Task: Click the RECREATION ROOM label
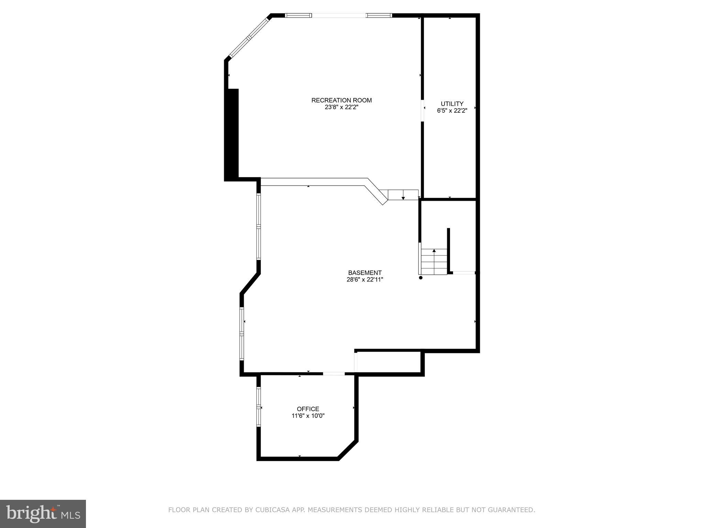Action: [x=341, y=100]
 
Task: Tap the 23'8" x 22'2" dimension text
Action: [x=341, y=107]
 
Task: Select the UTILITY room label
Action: [x=452, y=103]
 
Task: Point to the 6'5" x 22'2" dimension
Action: [x=452, y=111]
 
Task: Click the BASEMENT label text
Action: [x=365, y=273]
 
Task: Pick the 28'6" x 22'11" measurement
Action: [x=365, y=280]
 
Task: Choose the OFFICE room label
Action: [x=308, y=409]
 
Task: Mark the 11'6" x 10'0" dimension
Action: [x=308, y=416]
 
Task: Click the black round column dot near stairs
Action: [x=421, y=278]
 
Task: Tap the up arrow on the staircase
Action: [x=434, y=251]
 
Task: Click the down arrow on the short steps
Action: [x=403, y=198]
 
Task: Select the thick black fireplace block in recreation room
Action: [x=232, y=134]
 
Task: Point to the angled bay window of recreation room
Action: [x=249, y=37]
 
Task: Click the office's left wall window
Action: [x=259, y=407]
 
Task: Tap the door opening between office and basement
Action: [x=333, y=374]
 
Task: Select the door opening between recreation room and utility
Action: [x=422, y=111]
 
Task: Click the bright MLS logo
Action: [x=43, y=514]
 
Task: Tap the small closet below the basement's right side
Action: [x=388, y=362]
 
